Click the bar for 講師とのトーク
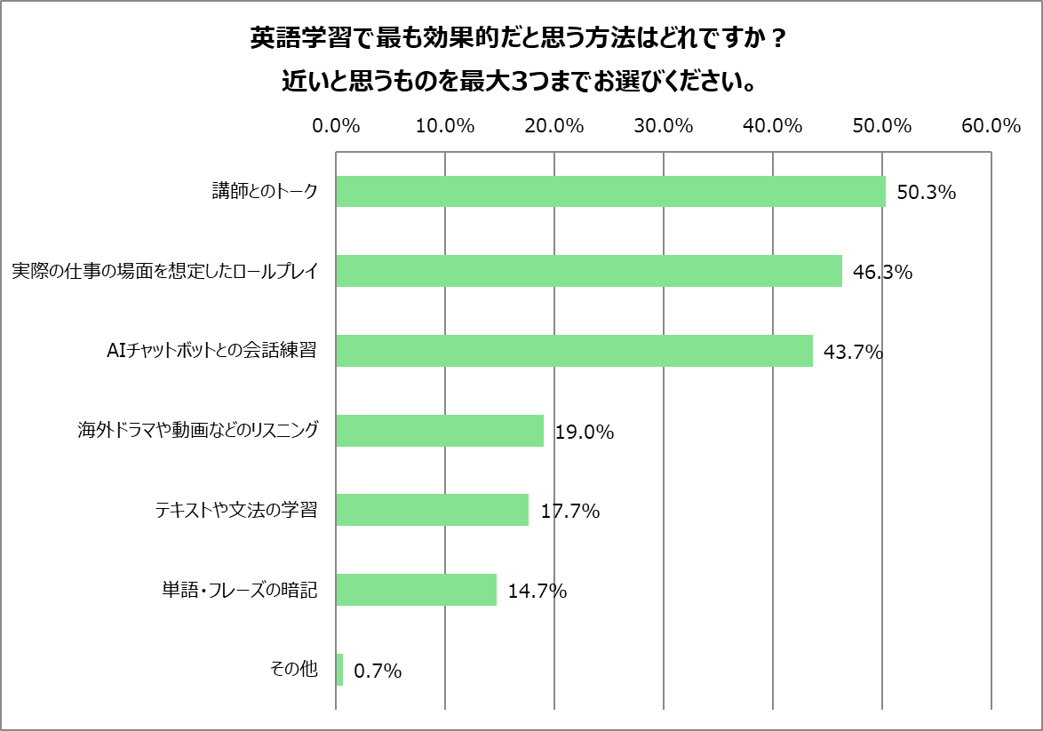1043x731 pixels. [x=610, y=192]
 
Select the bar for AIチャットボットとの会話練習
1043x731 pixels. [x=574, y=351]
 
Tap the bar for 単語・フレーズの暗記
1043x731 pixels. [x=416, y=590]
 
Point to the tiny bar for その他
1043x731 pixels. [x=339, y=670]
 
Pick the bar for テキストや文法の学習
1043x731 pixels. [x=432, y=510]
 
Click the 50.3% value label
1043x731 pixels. [x=926, y=193]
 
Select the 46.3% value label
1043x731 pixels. [x=882, y=273]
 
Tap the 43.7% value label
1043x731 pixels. [x=853, y=353]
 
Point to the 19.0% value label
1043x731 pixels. [x=585, y=433]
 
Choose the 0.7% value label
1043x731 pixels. [x=378, y=671]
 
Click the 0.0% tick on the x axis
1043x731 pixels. [x=336, y=126]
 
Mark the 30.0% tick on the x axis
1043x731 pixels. [x=664, y=126]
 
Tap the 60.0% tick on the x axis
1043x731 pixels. [x=991, y=126]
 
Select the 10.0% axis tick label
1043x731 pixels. [x=445, y=126]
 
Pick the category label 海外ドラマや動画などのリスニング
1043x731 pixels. [x=197, y=431]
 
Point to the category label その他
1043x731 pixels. [x=293, y=670]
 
